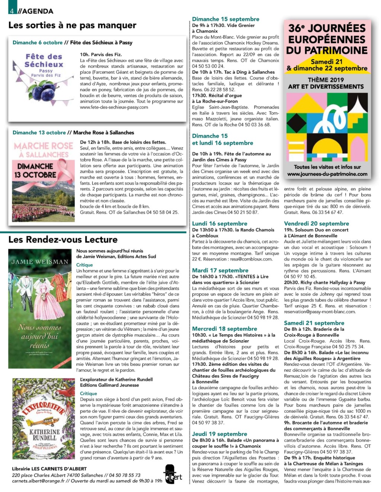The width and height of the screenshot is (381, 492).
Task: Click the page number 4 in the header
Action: tap(12, 11)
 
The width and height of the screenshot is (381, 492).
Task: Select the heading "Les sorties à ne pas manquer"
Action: tap(72, 25)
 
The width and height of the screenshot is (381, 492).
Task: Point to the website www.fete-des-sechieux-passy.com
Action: tap(114, 107)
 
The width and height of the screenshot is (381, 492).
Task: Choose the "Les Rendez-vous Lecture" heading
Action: tap(63, 239)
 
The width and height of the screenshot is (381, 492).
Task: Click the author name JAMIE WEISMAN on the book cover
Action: tap(40, 262)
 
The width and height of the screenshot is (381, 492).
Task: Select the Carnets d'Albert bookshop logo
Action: tap(173, 474)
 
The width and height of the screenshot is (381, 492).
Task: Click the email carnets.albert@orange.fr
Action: tap(38, 481)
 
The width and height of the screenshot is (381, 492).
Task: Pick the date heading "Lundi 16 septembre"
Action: tap(220, 223)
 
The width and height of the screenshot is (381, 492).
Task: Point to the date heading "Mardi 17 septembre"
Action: tap(220, 270)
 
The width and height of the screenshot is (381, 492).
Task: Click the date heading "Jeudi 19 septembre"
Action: tap(220, 434)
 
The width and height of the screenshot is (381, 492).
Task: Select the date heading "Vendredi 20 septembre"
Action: tap(316, 223)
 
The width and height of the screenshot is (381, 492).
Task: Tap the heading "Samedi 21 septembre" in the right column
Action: tap(314, 323)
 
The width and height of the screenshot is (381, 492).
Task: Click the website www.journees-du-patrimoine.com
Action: tap(327, 174)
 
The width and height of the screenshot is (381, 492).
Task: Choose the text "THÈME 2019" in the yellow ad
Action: tap(326, 80)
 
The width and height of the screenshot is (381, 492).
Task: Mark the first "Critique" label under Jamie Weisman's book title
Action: tap(84, 265)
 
